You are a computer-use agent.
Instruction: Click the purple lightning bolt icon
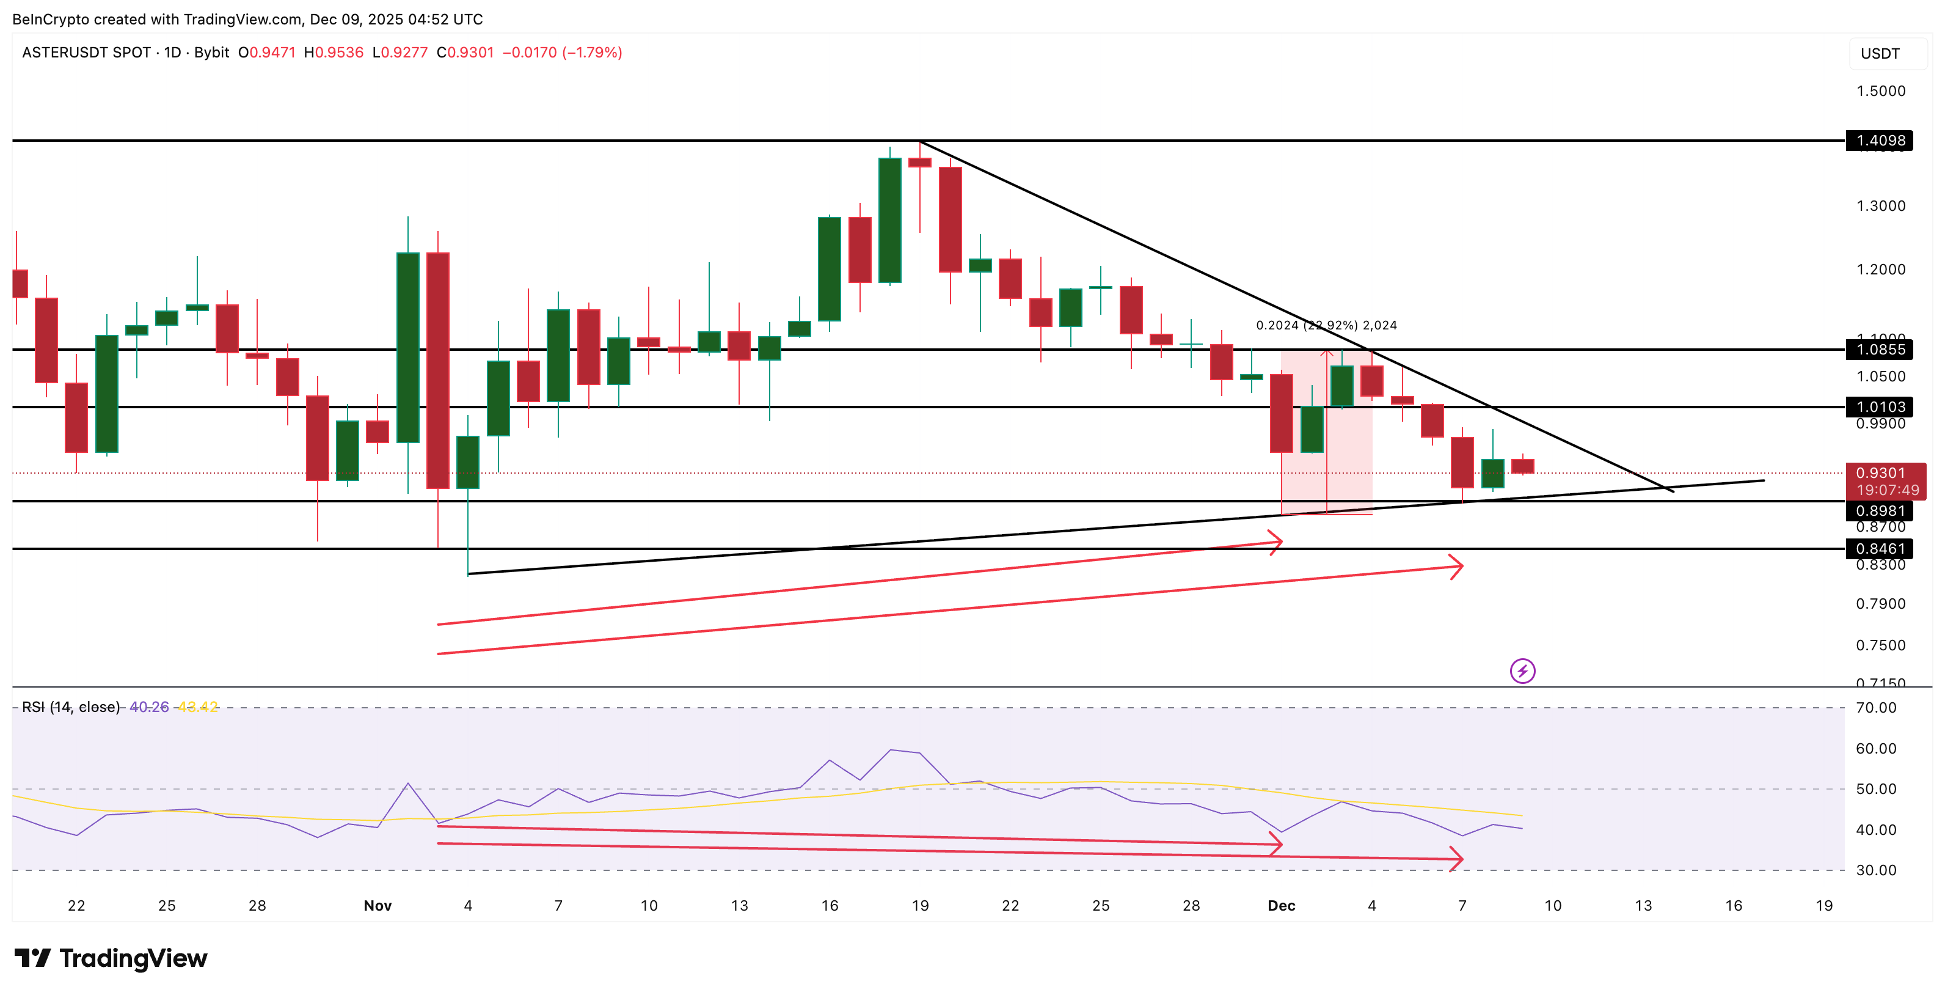click(1522, 671)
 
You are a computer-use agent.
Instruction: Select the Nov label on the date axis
click(378, 905)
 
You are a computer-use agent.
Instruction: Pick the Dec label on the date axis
click(1282, 905)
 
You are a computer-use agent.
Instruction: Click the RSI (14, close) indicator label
click(71, 707)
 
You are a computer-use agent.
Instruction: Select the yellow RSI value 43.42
click(197, 707)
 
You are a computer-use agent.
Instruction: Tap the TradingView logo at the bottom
click(111, 958)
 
